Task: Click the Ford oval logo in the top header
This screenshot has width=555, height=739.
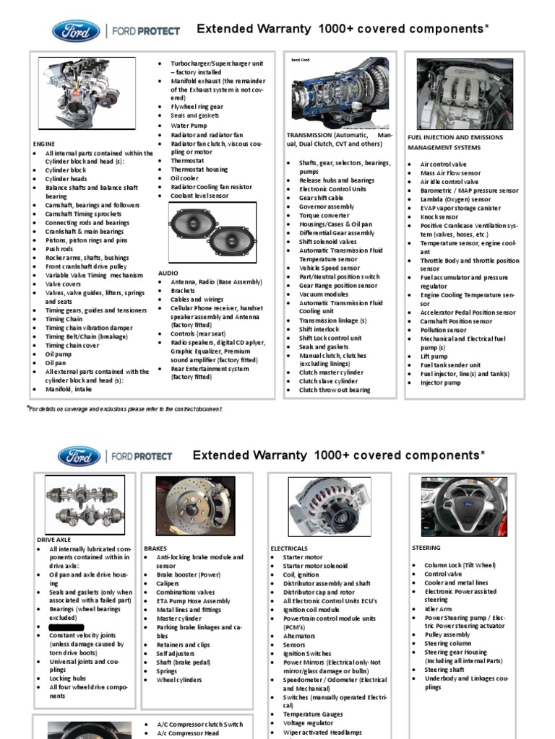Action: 76,30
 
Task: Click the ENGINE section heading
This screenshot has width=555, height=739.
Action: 44,144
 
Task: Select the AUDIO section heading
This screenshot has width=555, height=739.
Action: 167,273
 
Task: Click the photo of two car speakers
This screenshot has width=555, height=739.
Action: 212,232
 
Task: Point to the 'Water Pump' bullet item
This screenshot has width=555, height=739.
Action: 189,125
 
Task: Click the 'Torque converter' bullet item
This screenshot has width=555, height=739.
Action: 323,215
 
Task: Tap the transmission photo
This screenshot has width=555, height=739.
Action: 339,92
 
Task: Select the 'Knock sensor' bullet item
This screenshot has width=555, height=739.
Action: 439,217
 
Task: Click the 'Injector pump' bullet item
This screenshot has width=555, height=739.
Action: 440,382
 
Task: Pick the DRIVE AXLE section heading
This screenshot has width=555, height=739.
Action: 55,539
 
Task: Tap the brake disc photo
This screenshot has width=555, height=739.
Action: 195,504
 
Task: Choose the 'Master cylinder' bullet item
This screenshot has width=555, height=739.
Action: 178,618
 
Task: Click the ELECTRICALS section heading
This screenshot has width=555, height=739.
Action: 289,548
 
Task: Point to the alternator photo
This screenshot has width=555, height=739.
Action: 330,505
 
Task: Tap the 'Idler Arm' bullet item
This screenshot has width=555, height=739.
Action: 438,609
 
